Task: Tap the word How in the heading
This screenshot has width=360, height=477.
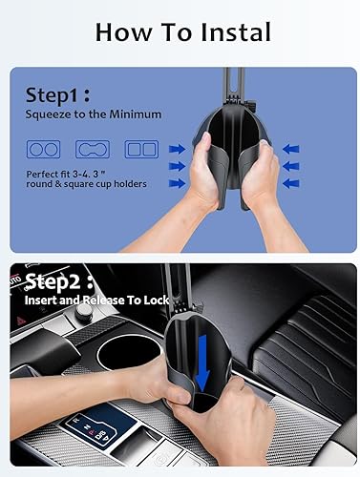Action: coord(119,32)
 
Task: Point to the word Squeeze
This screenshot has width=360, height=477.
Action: coord(51,114)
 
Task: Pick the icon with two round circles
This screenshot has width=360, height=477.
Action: coord(39,150)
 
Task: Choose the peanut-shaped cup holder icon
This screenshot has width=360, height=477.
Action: coord(90,150)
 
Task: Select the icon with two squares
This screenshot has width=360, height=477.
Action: coord(139,150)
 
